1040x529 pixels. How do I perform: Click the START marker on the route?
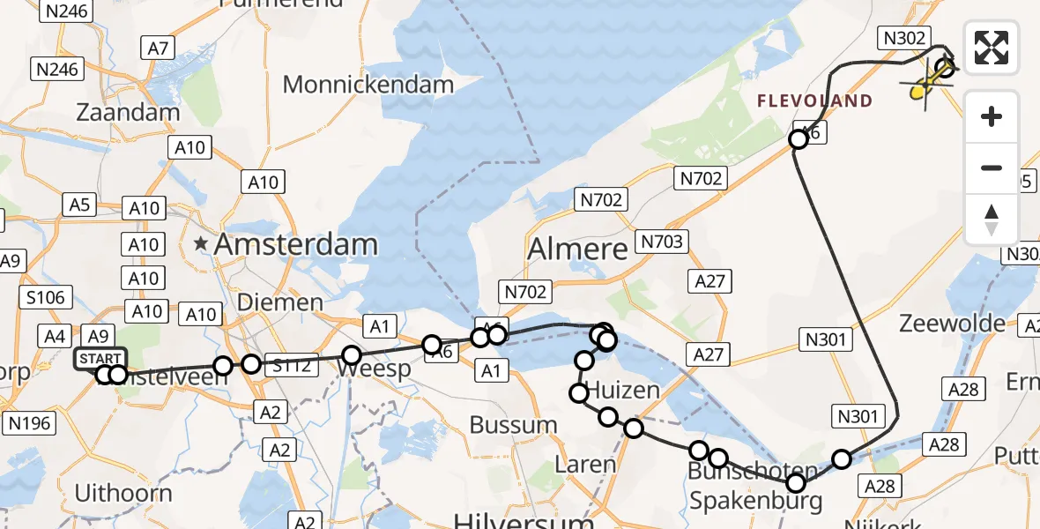coord(100,359)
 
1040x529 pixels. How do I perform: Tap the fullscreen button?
coord(992,48)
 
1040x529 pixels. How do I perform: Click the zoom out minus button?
coord(992,168)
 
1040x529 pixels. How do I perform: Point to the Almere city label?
coord(577,249)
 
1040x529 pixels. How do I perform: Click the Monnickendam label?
coord(368,86)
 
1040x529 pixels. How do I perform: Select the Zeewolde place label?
coord(952,323)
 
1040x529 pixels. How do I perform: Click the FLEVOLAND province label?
coord(815,101)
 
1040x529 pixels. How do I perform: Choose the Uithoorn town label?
coord(123,492)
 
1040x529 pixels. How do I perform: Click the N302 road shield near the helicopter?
coord(903,38)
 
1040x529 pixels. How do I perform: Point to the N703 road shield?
coord(663,242)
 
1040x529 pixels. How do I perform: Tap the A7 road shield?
coord(158,48)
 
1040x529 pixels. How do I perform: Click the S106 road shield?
coord(45,297)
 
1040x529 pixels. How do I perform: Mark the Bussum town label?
coord(513,425)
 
